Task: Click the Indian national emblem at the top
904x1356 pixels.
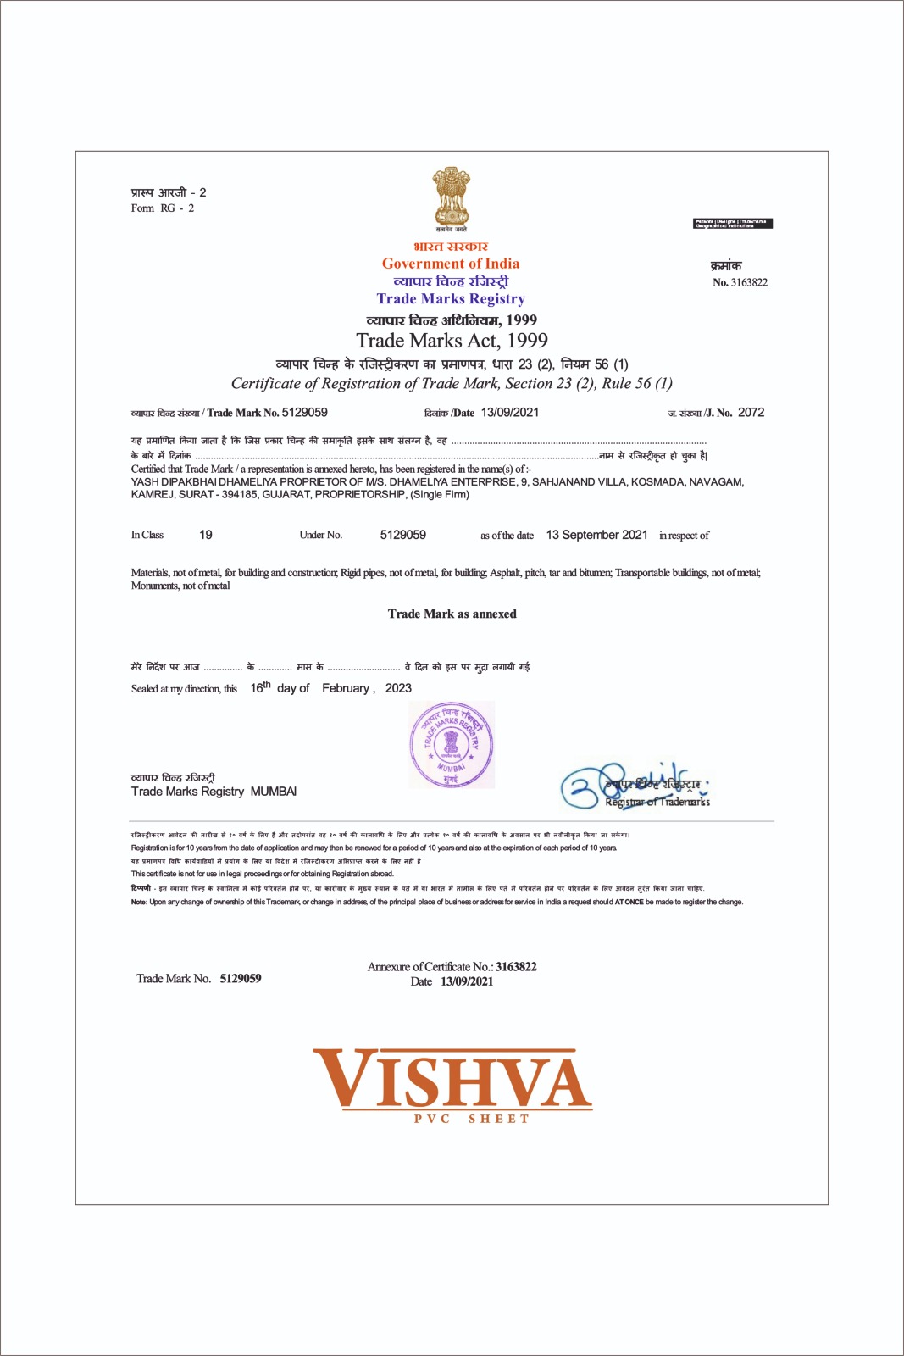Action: pyautogui.click(x=451, y=196)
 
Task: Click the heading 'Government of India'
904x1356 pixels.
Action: pyautogui.click(x=451, y=264)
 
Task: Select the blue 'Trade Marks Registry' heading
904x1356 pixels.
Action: pyautogui.click(x=451, y=298)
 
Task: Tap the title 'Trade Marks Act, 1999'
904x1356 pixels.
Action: pyautogui.click(x=452, y=341)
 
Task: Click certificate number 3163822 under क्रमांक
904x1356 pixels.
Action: pyautogui.click(x=749, y=282)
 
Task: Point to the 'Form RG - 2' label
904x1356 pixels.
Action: pyautogui.click(x=163, y=208)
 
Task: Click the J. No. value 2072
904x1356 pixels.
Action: pyautogui.click(x=751, y=413)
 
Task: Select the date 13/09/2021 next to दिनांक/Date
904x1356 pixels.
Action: pyautogui.click(x=510, y=413)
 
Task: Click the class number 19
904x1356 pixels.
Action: pyautogui.click(x=206, y=535)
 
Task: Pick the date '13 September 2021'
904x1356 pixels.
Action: pyautogui.click(x=596, y=535)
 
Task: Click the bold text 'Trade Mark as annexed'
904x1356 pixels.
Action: pyautogui.click(x=452, y=614)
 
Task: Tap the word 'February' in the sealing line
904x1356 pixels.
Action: pyautogui.click(x=346, y=688)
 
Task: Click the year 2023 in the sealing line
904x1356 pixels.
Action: pyautogui.click(x=398, y=688)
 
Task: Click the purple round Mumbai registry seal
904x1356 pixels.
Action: pyautogui.click(x=452, y=745)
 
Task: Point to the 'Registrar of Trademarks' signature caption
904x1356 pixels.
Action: pyautogui.click(x=657, y=802)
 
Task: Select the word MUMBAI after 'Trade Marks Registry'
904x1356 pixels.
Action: pyautogui.click(x=274, y=792)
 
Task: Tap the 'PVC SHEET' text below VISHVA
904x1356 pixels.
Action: pyautogui.click(x=471, y=1119)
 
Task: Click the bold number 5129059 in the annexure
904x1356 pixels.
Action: pyautogui.click(x=241, y=978)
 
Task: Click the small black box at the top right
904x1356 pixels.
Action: pyautogui.click(x=733, y=224)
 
